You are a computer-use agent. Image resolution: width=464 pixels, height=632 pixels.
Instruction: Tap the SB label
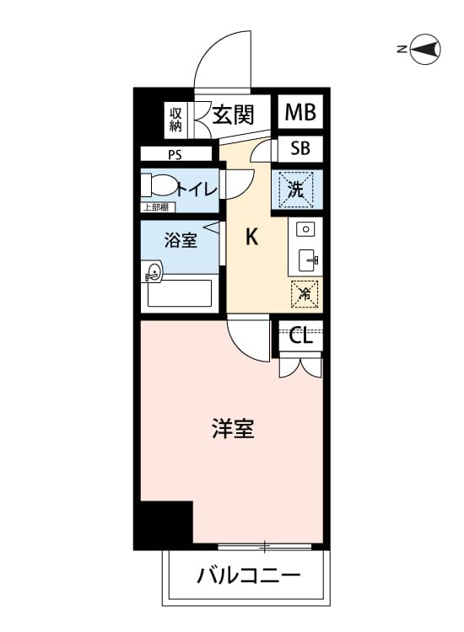tap(300, 148)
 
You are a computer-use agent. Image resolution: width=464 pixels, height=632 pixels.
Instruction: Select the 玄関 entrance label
tap(233, 115)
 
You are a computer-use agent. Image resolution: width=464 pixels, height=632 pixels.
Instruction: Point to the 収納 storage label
tap(175, 120)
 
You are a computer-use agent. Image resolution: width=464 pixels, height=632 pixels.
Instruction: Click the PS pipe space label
tap(175, 155)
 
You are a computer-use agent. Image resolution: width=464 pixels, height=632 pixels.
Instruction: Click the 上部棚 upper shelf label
tap(158, 207)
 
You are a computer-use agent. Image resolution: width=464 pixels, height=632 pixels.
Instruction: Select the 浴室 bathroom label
tap(181, 240)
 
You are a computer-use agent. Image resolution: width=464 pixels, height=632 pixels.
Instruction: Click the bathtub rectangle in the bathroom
tap(180, 293)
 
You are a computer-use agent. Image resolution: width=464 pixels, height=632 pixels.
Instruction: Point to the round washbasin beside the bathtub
tap(154, 270)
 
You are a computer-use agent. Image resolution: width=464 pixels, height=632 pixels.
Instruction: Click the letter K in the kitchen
tap(251, 237)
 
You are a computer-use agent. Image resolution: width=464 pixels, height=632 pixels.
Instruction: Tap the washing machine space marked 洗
tap(297, 189)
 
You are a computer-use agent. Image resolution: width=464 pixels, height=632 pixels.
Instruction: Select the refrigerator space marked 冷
tap(305, 294)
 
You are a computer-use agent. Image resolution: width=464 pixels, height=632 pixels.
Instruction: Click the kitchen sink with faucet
tap(309, 260)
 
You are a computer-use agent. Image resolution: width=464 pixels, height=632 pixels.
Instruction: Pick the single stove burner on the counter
tap(305, 229)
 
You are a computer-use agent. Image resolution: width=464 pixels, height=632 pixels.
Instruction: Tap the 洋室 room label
tap(233, 428)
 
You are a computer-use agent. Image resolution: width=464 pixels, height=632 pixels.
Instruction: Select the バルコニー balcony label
tap(249, 576)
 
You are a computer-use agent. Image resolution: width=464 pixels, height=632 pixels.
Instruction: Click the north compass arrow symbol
tap(425, 49)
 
